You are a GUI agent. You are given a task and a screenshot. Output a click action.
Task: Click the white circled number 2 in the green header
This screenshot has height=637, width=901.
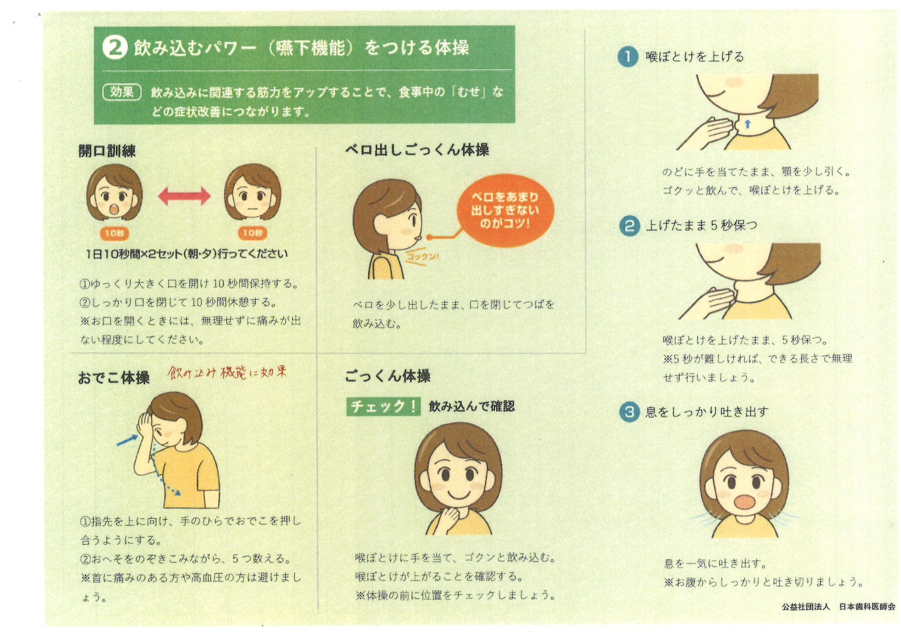pyautogui.click(x=115, y=48)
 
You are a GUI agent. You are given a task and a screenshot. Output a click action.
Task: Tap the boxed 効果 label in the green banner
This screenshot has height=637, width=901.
pyautogui.click(x=122, y=92)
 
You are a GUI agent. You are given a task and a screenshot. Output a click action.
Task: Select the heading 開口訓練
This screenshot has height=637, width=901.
pyautogui.click(x=107, y=151)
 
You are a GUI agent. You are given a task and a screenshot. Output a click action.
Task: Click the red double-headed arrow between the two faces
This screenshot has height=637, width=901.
pyautogui.click(x=184, y=196)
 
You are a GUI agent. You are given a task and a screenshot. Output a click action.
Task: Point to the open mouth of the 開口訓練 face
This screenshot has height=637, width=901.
pyautogui.click(x=114, y=210)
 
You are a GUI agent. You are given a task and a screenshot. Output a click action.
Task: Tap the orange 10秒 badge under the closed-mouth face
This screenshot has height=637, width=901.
pyautogui.click(x=252, y=233)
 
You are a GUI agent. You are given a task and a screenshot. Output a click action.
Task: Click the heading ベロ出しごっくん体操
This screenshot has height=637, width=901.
pyautogui.click(x=417, y=150)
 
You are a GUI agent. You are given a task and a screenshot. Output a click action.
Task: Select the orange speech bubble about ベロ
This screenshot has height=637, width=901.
pyautogui.click(x=505, y=210)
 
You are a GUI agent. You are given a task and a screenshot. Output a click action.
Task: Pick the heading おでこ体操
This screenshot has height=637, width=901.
pyautogui.click(x=114, y=378)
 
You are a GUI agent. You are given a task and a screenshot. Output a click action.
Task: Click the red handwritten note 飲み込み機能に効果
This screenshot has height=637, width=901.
pyautogui.click(x=227, y=372)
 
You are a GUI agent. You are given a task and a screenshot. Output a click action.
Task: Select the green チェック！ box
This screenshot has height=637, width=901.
pyautogui.click(x=383, y=406)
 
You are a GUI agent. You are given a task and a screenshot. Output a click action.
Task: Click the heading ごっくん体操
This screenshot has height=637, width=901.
pyautogui.click(x=388, y=376)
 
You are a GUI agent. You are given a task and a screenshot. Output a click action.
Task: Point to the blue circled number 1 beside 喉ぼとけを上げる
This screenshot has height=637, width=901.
pyautogui.click(x=628, y=57)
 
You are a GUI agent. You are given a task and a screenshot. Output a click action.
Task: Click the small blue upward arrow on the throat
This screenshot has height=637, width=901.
pyautogui.click(x=748, y=124)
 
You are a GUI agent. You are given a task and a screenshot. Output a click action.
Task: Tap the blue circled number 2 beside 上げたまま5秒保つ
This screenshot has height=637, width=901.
pyautogui.click(x=629, y=226)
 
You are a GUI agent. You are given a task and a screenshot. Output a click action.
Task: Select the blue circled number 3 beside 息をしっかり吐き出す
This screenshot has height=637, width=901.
pyautogui.click(x=629, y=412)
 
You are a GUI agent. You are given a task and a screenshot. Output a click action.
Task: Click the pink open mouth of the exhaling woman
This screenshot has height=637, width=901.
pyautogui.click(x=745, y=502)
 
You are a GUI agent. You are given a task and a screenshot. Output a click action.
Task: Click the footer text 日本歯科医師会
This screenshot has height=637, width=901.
pyautogui.click(x=867, y=607)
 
